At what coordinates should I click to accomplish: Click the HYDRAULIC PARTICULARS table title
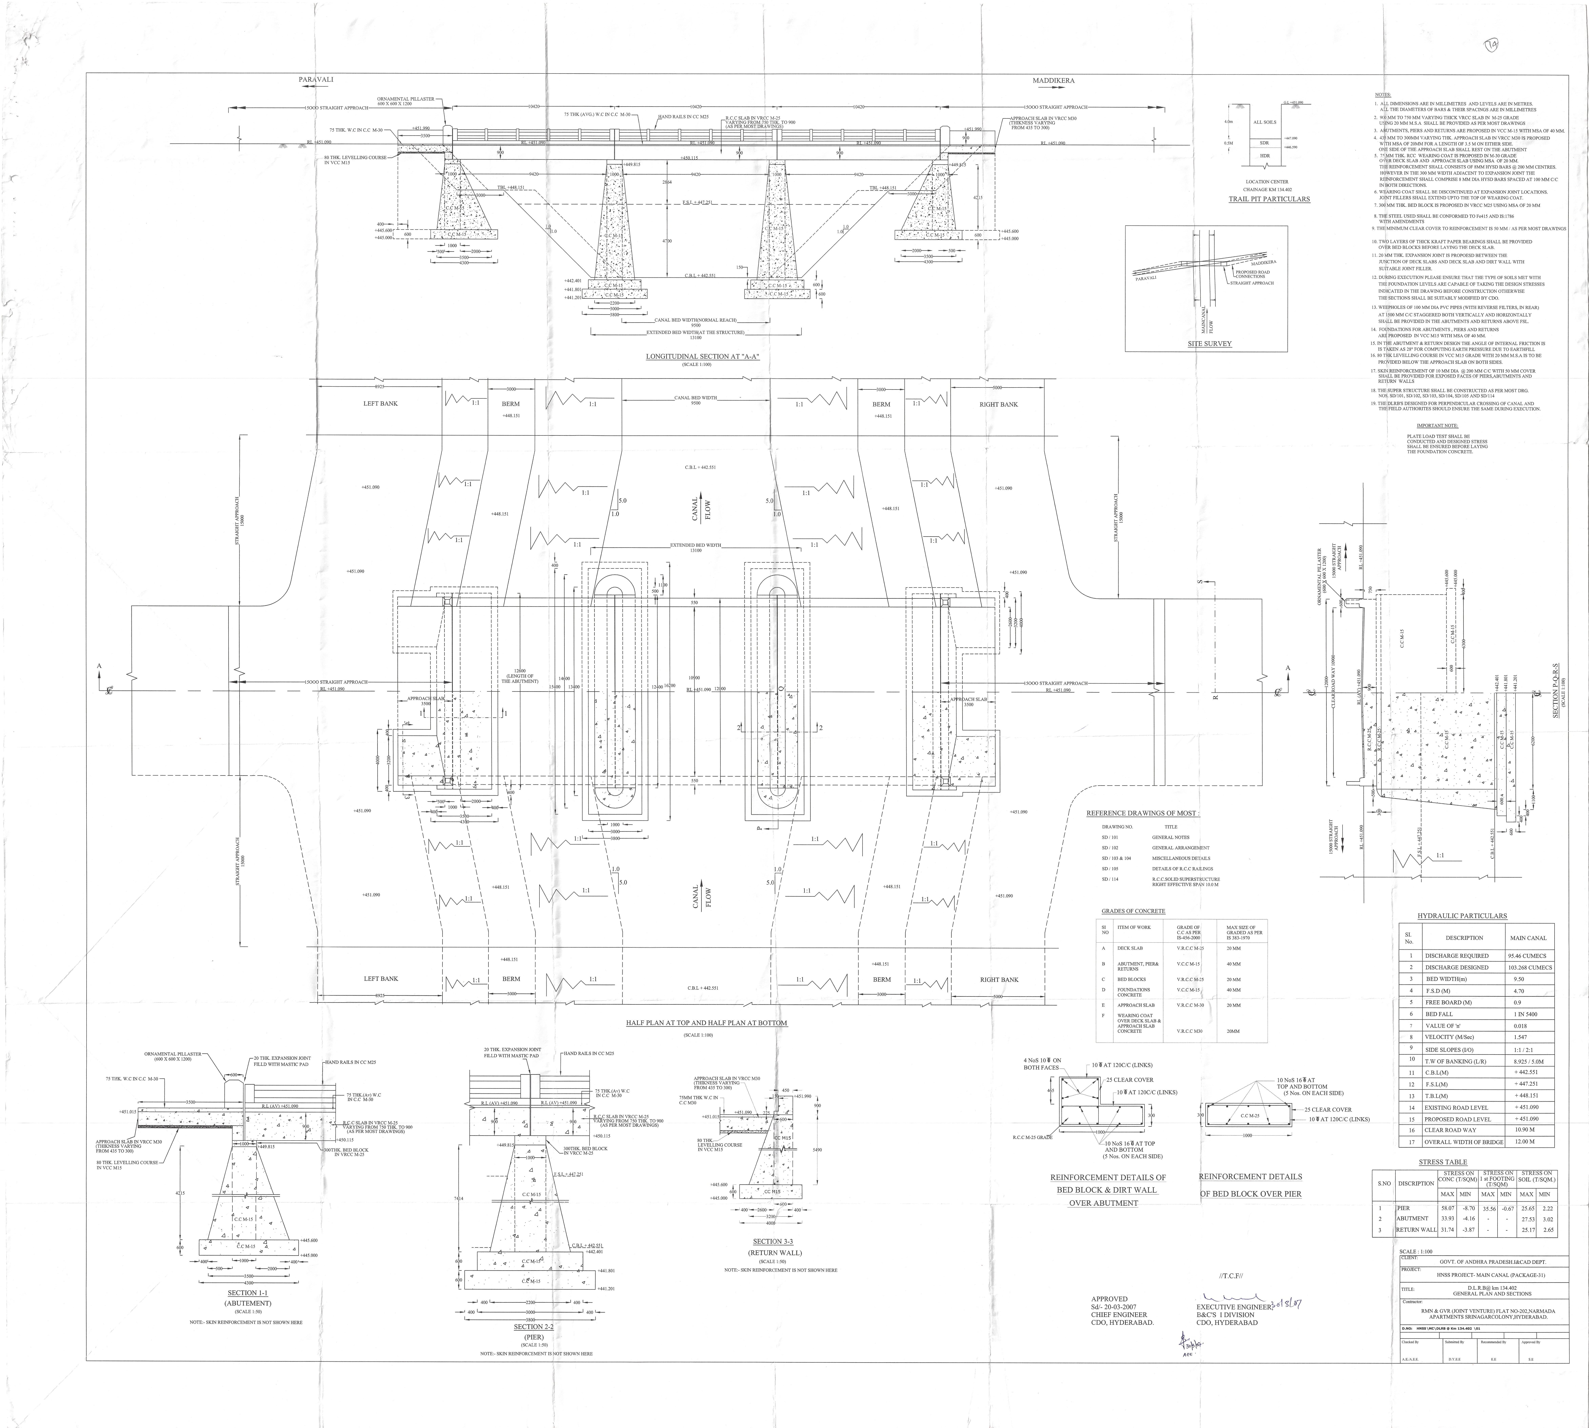coord(1462,916)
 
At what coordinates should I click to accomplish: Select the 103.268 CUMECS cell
coord(1529,967)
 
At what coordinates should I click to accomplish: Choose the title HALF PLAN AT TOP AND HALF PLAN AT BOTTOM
coord(706,1023)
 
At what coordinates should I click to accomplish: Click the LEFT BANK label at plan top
coord(380,403)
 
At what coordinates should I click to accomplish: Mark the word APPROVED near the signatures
coord(1108,1299)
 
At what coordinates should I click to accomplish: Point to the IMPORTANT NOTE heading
coord(1437,425)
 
